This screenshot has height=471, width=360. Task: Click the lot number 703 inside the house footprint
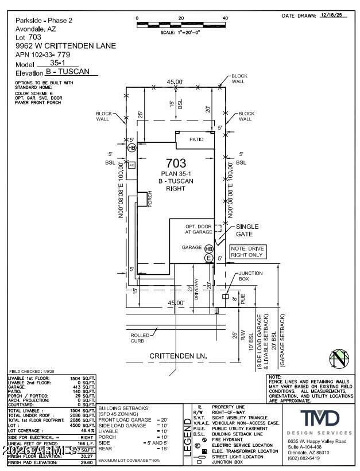point(176,164)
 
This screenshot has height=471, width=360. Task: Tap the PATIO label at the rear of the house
point(198,139)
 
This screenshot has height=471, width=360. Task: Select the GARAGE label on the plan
point(192,248)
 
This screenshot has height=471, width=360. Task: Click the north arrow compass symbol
point(339,359)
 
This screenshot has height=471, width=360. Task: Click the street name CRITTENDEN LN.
point(178,356)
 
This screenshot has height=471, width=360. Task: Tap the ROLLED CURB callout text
point(140,338)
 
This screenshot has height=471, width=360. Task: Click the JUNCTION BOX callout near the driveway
point(251,277)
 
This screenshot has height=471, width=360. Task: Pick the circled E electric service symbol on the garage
point(209,259)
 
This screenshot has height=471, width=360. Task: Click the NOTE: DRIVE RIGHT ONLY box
point(247,251)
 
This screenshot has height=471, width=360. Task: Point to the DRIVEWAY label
point(196,289)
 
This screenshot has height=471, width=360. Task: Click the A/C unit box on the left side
point(131,165)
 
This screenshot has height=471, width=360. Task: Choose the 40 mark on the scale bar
point(225,18)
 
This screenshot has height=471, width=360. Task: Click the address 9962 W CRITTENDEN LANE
point(65,46)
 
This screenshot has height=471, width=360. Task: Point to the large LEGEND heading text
point(187,437)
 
